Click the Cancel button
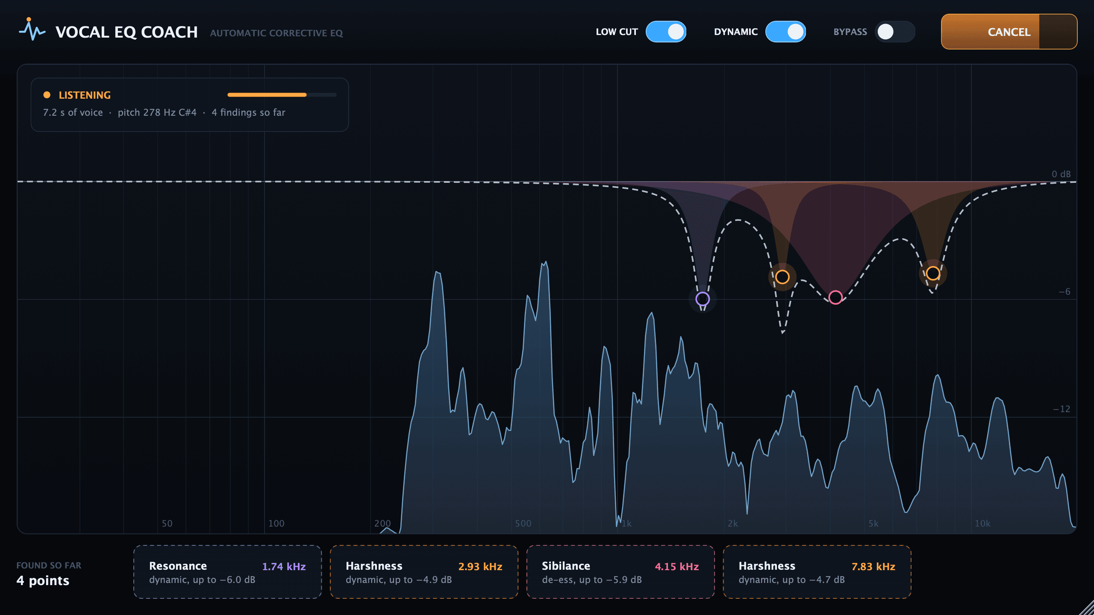point(1009,32)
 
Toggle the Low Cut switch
point(666,32)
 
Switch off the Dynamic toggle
point(785,32)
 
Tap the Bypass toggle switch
point(895,32)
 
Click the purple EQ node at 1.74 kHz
point(703,299)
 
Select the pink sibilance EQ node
point(835,297)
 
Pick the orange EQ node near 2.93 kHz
point(782,277)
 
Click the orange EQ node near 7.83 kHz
point(933,273)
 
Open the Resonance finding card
point(227,571)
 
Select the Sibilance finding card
point(621,571)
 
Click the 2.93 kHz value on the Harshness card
point(480,566)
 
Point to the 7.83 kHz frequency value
point(873,566)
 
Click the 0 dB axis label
point(1061,174)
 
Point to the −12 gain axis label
point(1062,409)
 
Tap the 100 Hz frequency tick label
point(276,523)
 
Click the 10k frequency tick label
point(982,523)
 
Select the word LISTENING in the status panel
point(85,95)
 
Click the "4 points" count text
point(43,580)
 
